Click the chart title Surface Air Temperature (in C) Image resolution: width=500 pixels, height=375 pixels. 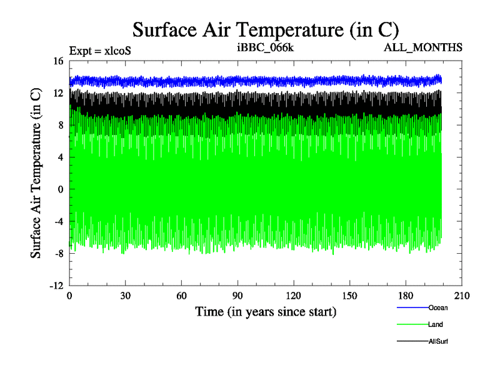[x=266, y=29]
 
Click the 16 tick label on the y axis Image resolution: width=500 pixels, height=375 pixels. [x=59, y=61]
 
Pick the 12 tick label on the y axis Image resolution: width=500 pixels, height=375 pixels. [x=59, y=93]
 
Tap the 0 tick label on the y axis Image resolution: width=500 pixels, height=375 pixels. [x=61, y=189]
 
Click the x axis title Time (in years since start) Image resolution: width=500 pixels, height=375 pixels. [x=266, y=311]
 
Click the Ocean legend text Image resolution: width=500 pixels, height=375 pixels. [x=438, y=307]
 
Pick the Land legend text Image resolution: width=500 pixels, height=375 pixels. [x=436, y=324]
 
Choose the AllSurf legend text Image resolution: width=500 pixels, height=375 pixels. [x=439, y=341]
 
